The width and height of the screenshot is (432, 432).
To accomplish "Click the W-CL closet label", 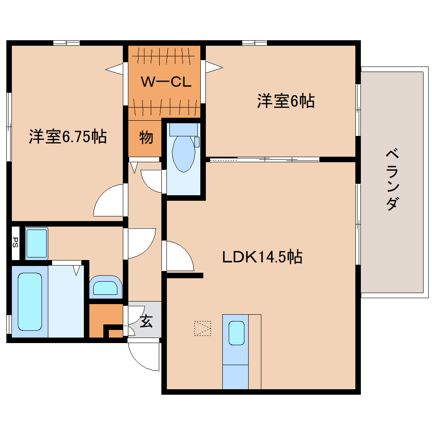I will click(166, 82).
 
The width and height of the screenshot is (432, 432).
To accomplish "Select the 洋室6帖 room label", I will click(285, 101).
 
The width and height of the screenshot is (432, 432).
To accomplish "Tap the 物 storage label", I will click(146, 137).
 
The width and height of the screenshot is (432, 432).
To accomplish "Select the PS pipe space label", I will click(15, 242).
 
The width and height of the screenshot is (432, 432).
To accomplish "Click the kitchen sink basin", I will click(236, 333).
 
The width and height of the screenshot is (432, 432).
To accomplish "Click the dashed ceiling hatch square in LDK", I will click(202, 328).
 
